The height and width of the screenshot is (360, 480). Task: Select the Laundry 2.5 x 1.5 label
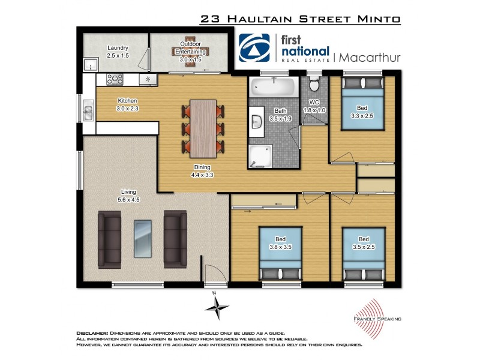point(118,52)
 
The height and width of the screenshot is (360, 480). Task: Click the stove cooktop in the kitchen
point(115,79)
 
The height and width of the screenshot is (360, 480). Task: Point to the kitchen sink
point(88,112)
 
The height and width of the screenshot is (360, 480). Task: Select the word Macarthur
point(370,58)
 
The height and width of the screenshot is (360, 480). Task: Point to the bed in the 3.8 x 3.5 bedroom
point(280,253)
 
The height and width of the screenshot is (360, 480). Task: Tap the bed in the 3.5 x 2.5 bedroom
point(363,253)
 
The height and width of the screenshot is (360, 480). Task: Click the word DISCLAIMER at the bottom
point(92,332)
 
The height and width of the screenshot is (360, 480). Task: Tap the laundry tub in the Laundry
point(89,64)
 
